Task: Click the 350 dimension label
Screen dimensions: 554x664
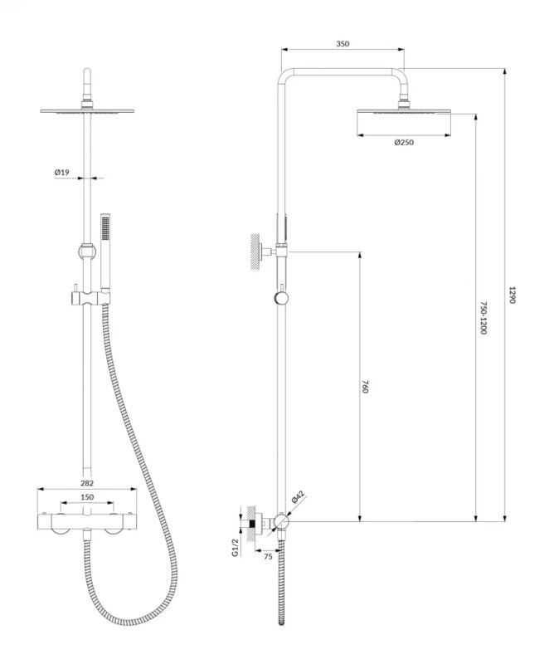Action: click(343, 44)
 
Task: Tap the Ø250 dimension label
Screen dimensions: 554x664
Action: click(404, 142)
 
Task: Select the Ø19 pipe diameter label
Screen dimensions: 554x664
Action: click(61, 173)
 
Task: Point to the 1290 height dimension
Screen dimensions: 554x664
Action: click(512, 295)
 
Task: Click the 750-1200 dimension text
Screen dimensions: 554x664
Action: click(484, 318)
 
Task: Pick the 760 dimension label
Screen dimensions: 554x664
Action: click(365, 387)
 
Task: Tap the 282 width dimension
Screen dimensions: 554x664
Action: click(87, 483)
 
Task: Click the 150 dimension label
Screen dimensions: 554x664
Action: click(87, 497)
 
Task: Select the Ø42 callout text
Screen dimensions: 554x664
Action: click(298, 496)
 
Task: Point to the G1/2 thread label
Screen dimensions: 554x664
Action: click(236, 548)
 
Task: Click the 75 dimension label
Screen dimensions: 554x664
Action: click(268, 557)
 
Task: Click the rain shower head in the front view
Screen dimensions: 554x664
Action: click(87, 111)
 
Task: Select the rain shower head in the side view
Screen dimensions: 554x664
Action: click(404, 111)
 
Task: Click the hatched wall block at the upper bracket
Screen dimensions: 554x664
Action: click(255, 251)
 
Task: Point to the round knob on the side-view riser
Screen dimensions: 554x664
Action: click(281, 298)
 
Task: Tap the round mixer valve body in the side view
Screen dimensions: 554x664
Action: click(280, 520)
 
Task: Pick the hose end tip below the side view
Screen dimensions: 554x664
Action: click(281, 623)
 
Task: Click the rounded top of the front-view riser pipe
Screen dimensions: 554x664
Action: click(87, 70)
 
